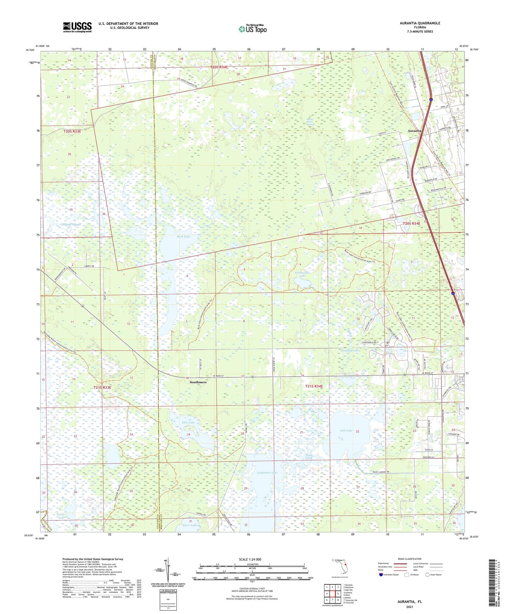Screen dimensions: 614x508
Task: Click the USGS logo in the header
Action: tap(77, 27)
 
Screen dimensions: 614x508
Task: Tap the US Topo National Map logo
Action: tap(252, 28)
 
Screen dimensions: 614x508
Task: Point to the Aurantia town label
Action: tap(414, 130)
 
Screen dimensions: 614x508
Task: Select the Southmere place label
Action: tap(198, 382)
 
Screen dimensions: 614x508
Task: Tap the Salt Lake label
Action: tap(346, 430)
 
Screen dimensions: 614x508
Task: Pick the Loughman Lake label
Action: tap(267, 473)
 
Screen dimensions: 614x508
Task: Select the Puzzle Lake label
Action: tap(61, 516)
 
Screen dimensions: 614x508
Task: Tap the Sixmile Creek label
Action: tap(349, 351)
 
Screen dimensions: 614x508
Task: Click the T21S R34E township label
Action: tap(314, 386)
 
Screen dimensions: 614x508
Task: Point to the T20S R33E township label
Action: tap(72, 131)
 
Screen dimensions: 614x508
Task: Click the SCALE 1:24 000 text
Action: tap(250, 559)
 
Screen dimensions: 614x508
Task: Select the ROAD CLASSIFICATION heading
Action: tap(410, 559)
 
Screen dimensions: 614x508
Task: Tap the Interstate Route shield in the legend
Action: tap(382, 575)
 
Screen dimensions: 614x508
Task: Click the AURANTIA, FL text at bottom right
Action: tap(410, 602)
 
